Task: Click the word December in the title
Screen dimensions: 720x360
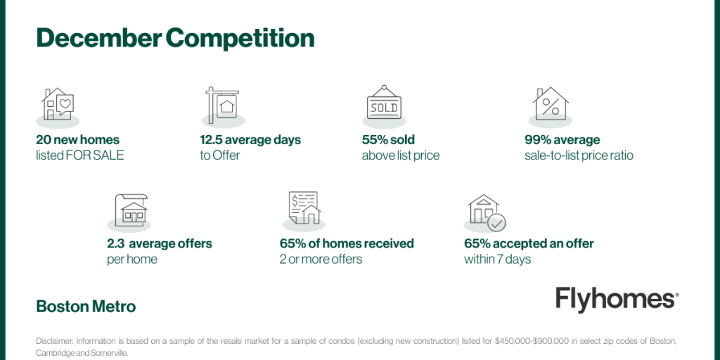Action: click(x=98, y=39)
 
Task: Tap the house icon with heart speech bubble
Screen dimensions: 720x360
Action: click(x=58, y=105)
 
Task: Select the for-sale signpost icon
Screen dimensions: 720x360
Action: click(x=222, y=105)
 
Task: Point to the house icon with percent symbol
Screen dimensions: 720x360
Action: click(x=551, y=104)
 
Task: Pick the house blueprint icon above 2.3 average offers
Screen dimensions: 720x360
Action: click(x=131, y=210)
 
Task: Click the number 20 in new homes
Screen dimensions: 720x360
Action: click(x=43, y=140)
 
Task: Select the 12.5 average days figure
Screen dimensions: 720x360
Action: click(x=250, y=140)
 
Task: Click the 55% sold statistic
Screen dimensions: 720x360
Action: click(x=388, y=140)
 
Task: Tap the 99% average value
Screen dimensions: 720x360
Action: click(x=562, y=140)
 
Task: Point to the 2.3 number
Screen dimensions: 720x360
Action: click(x=115, y=243)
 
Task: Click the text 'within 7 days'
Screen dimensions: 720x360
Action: click(x=497, y=259)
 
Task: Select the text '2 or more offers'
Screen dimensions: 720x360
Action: click(x=321, y=259)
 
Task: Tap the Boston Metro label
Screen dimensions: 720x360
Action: click(x=86, y=307)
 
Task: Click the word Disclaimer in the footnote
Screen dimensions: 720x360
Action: click(x=54, y=341)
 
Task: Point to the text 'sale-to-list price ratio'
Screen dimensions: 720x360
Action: click(x=579, y=155)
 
